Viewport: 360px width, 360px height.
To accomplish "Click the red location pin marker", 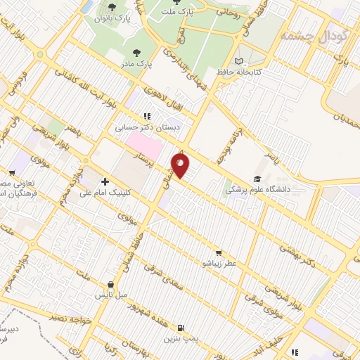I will coord(181,165).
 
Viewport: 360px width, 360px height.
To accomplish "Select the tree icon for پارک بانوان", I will coord(112,6).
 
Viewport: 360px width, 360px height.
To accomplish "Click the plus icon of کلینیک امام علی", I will coord(105,182).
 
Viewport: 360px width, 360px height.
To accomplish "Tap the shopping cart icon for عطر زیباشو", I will coord(219,252).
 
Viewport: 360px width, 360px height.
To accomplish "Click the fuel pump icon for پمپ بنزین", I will coord(181,328).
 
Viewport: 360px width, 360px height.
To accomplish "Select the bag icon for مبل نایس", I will coord(110,285).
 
